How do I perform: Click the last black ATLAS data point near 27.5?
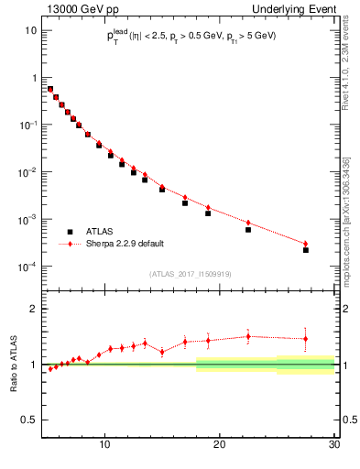coord(306,250)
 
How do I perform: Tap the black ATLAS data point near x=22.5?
coord(248,229)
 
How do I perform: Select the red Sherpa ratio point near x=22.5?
coord(248,336)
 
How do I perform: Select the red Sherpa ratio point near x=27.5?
coord(306,339)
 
